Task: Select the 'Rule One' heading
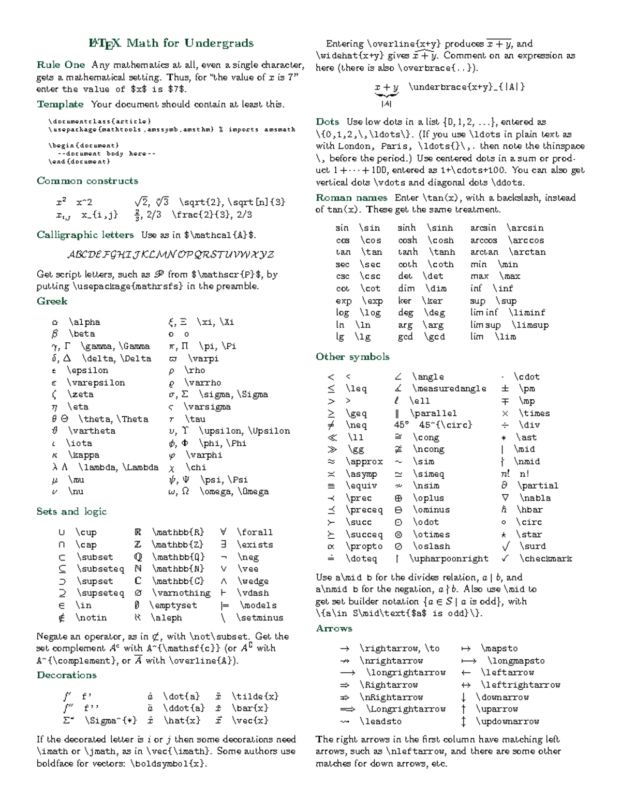point(61,65)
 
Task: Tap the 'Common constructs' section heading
point(87,180)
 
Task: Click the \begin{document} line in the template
point(83,145)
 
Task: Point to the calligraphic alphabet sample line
point(170,254)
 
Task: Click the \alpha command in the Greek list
point(84,322)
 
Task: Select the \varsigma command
point(207,406)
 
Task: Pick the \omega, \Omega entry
point(234,491)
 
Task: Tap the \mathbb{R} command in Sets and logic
point(178,532)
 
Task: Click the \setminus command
point(260,617)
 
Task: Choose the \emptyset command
point(173,605)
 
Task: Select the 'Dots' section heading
point(328,122)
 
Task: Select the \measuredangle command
point(449,388)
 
